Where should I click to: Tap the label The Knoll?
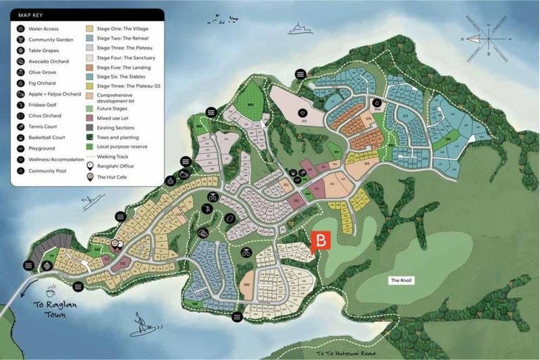coord(401,280)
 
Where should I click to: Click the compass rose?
coord(489,37)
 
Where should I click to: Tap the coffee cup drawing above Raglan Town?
coord(51,291)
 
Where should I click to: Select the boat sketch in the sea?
coord(300,29)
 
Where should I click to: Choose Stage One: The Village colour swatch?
coord(90,29)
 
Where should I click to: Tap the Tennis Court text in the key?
coord(44,127)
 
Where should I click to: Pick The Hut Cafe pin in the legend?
coord(90,177)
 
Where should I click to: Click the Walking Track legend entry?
coord(116,157)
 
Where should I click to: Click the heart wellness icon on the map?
coord(303,112)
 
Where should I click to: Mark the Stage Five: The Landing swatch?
coord(90,67)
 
